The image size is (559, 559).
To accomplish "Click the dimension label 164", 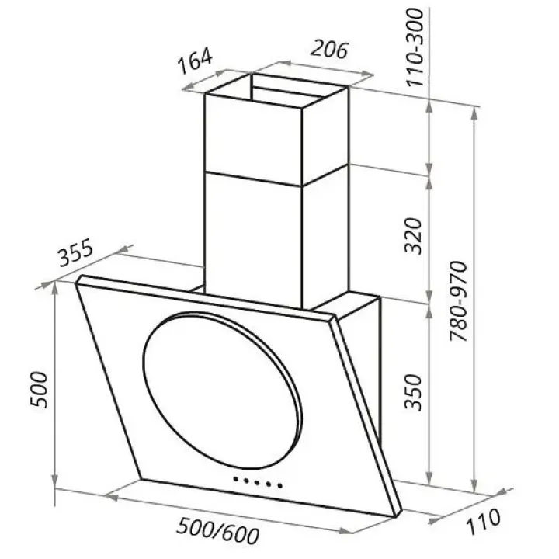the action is [x=196, y=61].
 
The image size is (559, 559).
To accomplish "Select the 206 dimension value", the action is [x=328, y=50].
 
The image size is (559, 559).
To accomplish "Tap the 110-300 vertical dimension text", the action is [x=415, y=48].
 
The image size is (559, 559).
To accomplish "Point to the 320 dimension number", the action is [x=413, y=236].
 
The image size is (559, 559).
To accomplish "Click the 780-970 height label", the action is [x=458, y=301].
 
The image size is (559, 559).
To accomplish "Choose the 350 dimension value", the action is [x=413, y=392].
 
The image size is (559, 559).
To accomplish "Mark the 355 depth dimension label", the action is [x=76, y=253].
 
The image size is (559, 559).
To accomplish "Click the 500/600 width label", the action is [x=218, y=531].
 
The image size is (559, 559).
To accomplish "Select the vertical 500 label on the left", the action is [x=39, y=390].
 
